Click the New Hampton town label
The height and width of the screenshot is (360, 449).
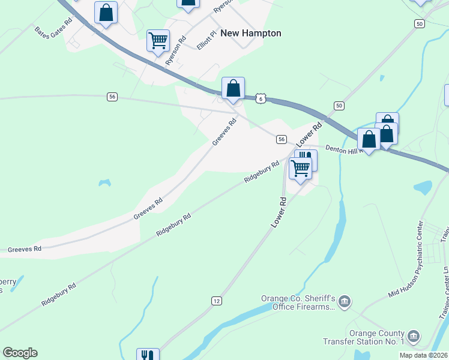coord(251,33)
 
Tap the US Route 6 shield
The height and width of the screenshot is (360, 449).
coord(259,98)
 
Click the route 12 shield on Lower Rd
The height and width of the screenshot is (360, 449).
coord(217,299)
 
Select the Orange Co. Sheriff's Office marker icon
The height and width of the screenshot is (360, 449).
coord(344,301)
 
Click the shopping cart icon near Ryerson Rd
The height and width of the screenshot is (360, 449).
coord(158,41)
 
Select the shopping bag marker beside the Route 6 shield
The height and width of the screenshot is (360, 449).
coord(233,88)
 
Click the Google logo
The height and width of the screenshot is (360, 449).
coord(20,353)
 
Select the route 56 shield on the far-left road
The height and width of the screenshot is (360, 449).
coord(112,96)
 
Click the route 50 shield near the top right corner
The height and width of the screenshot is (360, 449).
coord(419,23)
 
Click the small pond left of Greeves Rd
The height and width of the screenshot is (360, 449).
coord(105,181)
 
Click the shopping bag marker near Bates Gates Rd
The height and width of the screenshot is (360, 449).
coord(106,13)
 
